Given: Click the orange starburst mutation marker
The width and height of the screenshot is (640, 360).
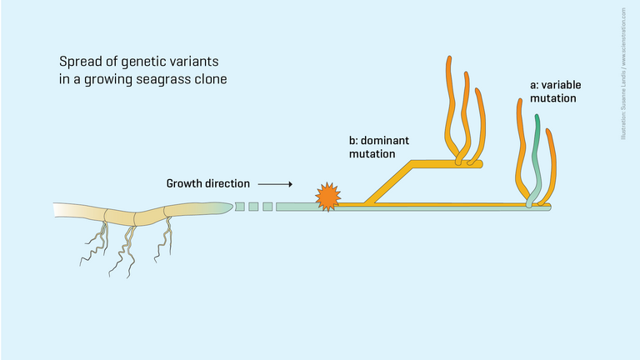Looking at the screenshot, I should [x=327, y=197].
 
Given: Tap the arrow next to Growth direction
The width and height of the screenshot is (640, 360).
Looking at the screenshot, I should [x=275, y=183].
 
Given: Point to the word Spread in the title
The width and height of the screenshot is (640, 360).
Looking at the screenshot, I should [x=77, y=62].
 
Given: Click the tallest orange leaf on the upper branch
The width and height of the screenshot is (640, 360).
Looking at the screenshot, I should [x=451, y=100].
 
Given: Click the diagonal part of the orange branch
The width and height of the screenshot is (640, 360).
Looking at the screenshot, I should [x=385, y=183].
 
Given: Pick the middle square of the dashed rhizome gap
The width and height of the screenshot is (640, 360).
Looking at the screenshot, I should [x=254, y=206].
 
